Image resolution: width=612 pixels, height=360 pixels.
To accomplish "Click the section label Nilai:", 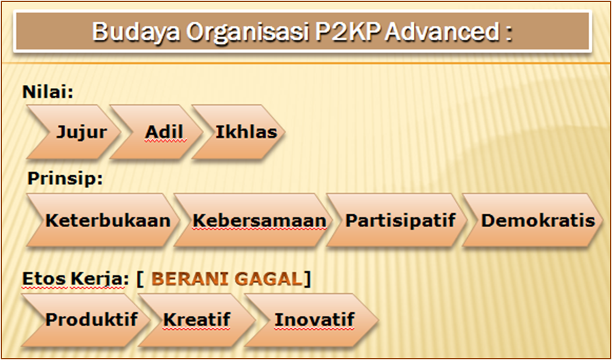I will pos(47,91).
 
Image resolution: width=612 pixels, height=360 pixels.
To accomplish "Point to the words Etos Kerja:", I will pos(74,278).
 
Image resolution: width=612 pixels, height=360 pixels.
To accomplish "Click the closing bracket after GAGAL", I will pos(307,278).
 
